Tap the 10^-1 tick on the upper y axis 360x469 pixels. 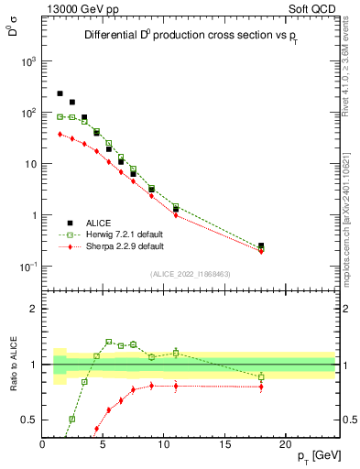tap(28, 267)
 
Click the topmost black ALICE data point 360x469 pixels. tap(60, 93)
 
